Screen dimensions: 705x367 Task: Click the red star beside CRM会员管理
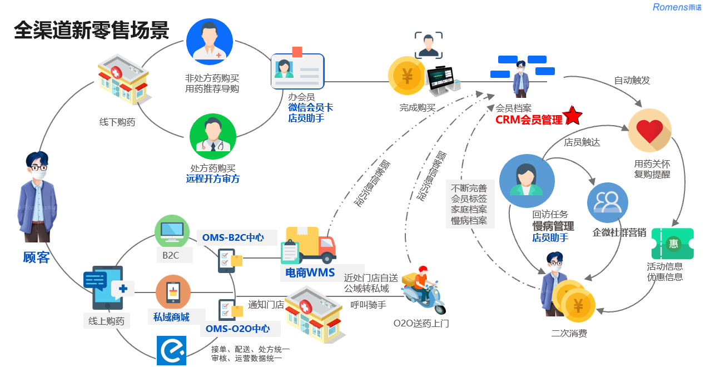tap(573, 116)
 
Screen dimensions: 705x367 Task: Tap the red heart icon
tap(649, 131)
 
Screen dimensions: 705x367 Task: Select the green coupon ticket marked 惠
tap(673, 244)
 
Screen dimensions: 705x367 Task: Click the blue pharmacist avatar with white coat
tap(210, 42)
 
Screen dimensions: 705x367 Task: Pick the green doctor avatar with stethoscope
tap(213, 137)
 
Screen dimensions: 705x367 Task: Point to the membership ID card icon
tap(297, 70)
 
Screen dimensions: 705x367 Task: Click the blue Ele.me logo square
tap(172, 350)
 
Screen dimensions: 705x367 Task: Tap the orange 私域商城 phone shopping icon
tap(173, 292)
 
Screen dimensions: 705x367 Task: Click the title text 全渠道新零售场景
tap(92, 30)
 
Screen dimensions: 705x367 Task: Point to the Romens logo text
tap(677, 7)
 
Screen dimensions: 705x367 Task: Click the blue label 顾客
tap(36, 257)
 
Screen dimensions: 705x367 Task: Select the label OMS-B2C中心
tap(233, 237)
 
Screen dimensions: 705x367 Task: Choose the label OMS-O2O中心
tap(237, 329)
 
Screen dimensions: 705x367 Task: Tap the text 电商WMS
tap(310, 272)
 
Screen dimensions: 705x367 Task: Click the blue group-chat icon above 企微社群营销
tap(608, 203)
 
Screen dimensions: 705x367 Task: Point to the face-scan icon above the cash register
tap(428, 46)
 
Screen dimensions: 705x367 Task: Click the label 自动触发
tap(632, 80)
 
